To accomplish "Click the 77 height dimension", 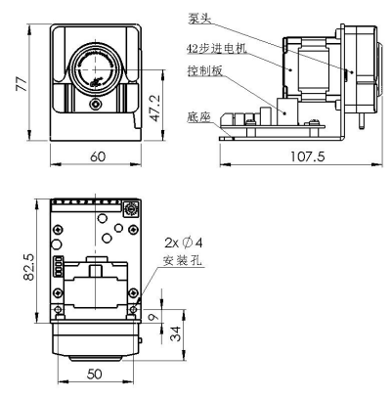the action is tap(22, 83).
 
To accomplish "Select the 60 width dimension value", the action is tap(98, 156).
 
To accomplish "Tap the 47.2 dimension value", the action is tap(156, 109).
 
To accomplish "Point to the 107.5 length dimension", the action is tap(308, 156).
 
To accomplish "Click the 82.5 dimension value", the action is tap(28, 267).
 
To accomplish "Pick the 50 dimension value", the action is tap(95, 374).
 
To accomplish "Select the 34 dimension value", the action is tap(176, 333).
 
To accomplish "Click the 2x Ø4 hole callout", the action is tap(184, 243).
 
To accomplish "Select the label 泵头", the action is tap(199, 19).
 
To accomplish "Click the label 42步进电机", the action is tap(217, 49).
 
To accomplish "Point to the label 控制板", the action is tap(205, 70).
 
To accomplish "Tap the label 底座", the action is tap(199, 117).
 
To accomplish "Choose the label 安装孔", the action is tap(183, 260).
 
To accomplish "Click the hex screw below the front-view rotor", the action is tap(96, 105).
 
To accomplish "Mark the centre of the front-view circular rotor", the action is tap(96, 69).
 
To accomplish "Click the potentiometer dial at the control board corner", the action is tap(132, 208).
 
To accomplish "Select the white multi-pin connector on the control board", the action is tap(59, 267).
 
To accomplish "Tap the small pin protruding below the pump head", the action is tap(361, 120).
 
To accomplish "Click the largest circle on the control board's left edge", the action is tap(56, 244).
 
